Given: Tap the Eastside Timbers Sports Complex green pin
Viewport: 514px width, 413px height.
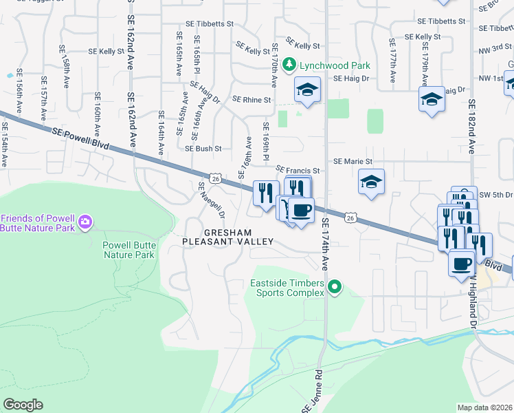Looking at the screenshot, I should [x=335, y=286].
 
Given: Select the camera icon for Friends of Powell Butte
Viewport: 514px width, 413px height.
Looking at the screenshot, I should [x=85, y=222].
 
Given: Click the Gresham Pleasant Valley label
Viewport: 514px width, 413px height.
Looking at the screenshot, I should [x=228, y=237].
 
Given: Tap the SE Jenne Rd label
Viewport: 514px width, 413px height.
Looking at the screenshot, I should [x=311, y=393].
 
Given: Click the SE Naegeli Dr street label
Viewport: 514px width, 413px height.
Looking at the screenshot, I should [x=211, y=200].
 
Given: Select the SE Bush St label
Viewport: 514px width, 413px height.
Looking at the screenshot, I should [x=203, y=148].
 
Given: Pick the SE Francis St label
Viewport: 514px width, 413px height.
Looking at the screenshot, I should [x=298, y=170].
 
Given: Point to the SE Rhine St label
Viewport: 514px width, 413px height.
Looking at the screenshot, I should [x=252, y=100].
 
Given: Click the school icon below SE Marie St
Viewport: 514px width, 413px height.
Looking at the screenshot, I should [x=371, y=182].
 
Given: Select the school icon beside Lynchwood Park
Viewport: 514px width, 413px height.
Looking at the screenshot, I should [x=307, y=89].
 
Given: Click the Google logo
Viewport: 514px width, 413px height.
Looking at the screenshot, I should [x=22, y=405].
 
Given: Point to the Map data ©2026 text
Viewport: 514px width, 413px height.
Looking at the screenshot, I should [x=485, y=407].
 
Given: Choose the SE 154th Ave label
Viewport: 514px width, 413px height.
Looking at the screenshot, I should [x=5, y=145].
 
